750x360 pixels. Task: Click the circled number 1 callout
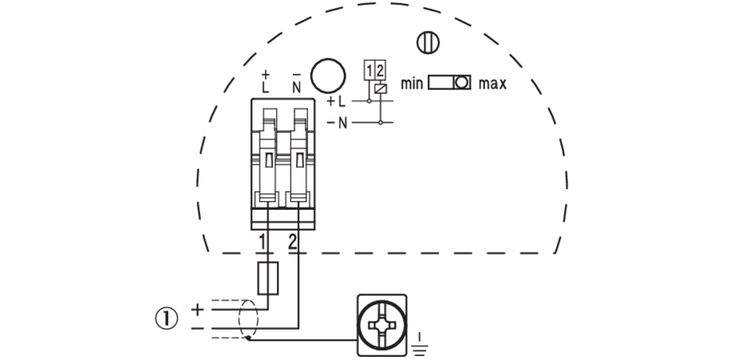tap(165, 318)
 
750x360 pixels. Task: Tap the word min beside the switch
tap(411, 83)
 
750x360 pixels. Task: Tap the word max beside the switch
tap(493, 83)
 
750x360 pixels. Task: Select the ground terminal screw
tap(380, 323)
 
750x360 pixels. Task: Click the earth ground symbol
tap(420, 344)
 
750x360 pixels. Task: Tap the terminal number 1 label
tap(262, 241)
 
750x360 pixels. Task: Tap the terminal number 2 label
tap(293, 241)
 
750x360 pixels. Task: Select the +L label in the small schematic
tap(337, 102)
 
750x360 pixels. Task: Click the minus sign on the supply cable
tap(195, 327)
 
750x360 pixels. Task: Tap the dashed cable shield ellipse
tap(248, 319)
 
